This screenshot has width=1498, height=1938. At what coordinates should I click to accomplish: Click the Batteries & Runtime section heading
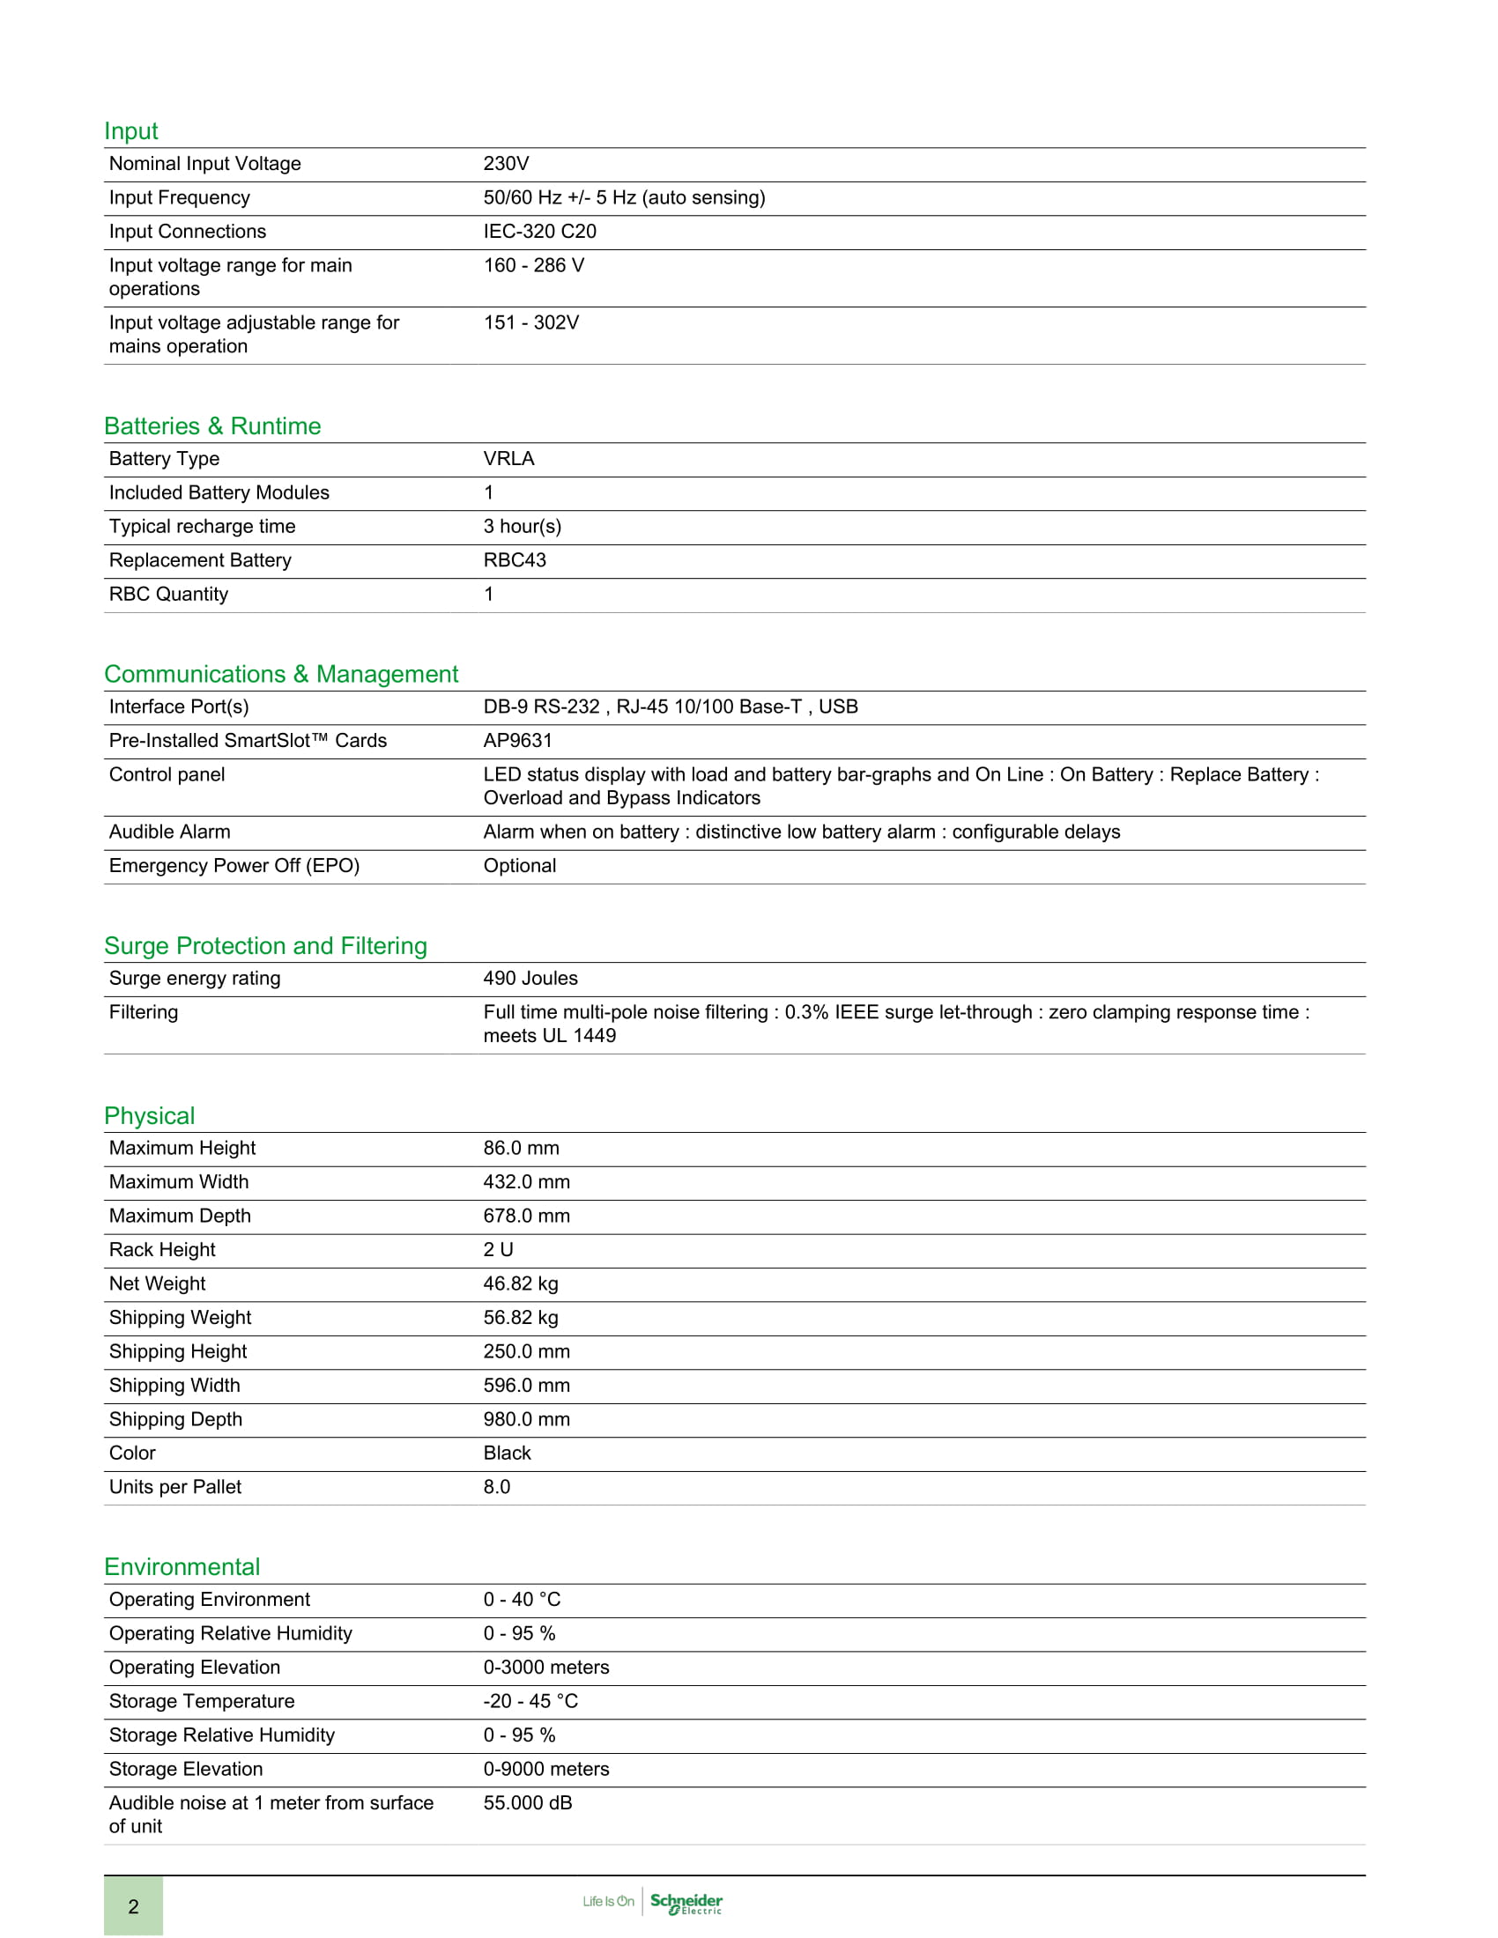[x=212, y=426]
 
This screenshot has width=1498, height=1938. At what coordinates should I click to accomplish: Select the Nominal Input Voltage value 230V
[x=506, y=163]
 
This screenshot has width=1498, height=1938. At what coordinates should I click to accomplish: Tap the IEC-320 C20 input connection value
[x=539, y=232]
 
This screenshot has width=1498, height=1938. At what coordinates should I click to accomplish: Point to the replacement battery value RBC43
[x=515, y=560]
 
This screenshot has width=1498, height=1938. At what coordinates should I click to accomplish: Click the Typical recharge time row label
[x=203, y=526]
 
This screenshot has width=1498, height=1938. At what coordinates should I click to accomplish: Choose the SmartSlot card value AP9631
[x=517, y=740]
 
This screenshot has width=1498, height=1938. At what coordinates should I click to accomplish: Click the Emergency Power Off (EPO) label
[x=234, y=865]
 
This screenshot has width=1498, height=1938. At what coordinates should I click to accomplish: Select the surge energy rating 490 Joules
[x=530, y=978]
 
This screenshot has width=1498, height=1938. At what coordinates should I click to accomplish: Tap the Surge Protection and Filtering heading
[x=265, y=946]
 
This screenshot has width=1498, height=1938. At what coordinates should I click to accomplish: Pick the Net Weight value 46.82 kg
[x=521, y=1283]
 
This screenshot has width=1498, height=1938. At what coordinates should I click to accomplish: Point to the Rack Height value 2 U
[x=498, y=1249]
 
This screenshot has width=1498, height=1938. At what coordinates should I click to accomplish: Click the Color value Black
[x=507, y=1453]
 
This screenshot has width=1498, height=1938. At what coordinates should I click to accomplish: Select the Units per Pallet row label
[x=174, y=1486]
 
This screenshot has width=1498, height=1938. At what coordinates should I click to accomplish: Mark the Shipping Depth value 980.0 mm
[x=526, y=1419]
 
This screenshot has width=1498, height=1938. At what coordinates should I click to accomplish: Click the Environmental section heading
[x=182, y=1567]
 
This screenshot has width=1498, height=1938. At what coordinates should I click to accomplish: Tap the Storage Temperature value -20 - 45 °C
[x=530, y=1701]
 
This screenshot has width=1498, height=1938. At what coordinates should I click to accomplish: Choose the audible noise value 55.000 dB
[x=528, y=1802]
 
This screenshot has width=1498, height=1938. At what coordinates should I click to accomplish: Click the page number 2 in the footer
[x=133, y=1906]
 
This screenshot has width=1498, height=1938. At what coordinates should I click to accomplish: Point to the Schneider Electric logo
[x=686, y=1903]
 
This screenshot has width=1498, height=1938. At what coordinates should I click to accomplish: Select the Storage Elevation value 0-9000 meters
[x=545, y=1769]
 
